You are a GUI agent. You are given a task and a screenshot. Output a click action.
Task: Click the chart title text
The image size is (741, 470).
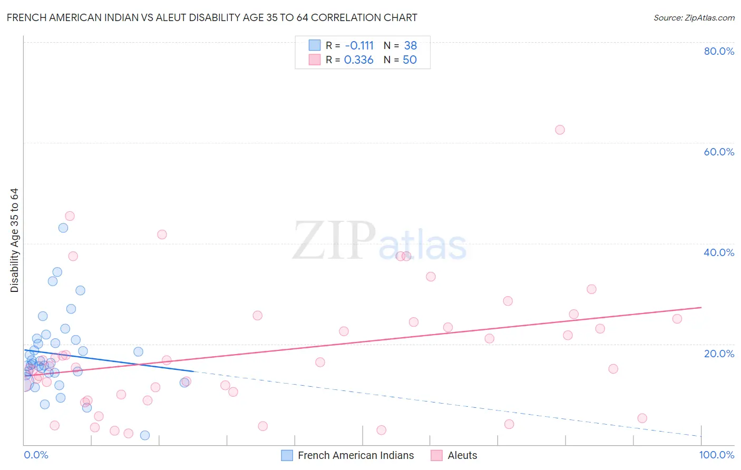(212, 17)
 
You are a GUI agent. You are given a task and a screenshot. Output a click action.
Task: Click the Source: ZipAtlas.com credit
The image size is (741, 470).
(694, 17)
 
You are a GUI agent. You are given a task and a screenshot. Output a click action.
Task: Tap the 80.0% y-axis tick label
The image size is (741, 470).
(719, 51)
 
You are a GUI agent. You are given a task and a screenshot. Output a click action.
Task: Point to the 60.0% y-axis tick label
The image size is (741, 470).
(719, 152)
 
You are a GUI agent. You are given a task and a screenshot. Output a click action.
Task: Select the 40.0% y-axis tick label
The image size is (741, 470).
(719, 252)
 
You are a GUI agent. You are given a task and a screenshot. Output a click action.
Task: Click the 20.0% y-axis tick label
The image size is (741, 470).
(719, 354)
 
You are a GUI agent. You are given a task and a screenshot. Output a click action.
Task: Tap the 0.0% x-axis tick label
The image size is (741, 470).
(36, 455)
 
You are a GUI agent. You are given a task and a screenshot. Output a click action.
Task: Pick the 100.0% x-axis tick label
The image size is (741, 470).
(716, 455)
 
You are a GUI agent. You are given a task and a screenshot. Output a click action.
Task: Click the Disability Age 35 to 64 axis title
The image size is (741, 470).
(14, 240)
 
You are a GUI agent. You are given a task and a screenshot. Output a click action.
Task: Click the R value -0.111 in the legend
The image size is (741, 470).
(359, 46)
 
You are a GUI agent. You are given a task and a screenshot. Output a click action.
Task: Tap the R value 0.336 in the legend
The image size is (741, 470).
(358, 60)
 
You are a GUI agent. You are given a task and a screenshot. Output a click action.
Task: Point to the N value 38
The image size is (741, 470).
(410, 46)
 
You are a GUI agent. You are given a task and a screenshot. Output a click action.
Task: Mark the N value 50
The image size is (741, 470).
(409, 60)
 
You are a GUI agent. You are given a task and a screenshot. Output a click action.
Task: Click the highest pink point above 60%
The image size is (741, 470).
(560, 130)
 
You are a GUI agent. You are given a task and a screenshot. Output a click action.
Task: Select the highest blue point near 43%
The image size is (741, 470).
(63, 228)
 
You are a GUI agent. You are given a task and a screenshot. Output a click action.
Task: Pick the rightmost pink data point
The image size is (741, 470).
(677, 319)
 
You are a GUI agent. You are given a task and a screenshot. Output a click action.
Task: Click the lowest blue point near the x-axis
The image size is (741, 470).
(145, 435)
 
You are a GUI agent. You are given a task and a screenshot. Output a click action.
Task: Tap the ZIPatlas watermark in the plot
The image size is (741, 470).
(379, 241)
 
